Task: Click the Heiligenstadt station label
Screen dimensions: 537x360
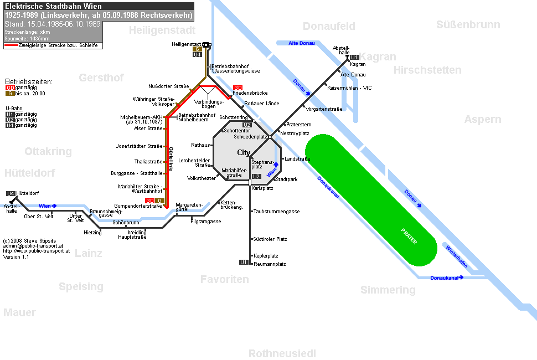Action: point(187,44)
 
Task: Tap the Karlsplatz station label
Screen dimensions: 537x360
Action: point(262,188)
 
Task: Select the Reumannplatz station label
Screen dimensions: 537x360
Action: point(270,264)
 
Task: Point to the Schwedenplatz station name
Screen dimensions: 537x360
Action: point(250,137)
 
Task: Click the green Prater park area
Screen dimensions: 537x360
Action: point(371,200)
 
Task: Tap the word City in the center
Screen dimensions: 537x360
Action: point(244,152)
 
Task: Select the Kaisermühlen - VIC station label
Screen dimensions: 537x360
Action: point(349,88)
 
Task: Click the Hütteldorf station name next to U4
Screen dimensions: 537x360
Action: point(27,193)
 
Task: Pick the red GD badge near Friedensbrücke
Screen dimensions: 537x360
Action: point(237,88)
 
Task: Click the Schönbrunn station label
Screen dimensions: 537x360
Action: point(126,223)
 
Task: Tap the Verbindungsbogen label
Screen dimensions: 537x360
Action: point(209,104)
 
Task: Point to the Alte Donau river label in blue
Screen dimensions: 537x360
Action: point(301,43)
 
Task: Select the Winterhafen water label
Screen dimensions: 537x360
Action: point(456,256)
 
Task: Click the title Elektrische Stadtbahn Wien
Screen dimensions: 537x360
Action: point(53,7)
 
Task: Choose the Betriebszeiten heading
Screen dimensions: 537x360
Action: point(29,81)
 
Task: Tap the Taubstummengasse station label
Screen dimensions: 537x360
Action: point(276,212)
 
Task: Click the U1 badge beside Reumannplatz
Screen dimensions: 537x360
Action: point(244,263)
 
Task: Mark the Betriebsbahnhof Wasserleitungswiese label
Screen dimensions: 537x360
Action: point(236,69)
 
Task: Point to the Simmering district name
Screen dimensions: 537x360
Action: point(388,290)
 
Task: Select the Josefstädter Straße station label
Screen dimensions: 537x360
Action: point(139,146)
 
